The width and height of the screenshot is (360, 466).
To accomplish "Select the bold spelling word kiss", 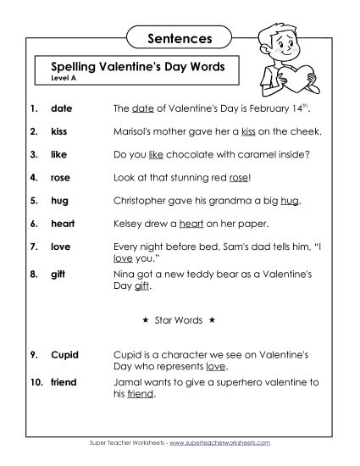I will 59,132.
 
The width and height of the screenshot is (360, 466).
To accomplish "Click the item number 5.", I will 32,201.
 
